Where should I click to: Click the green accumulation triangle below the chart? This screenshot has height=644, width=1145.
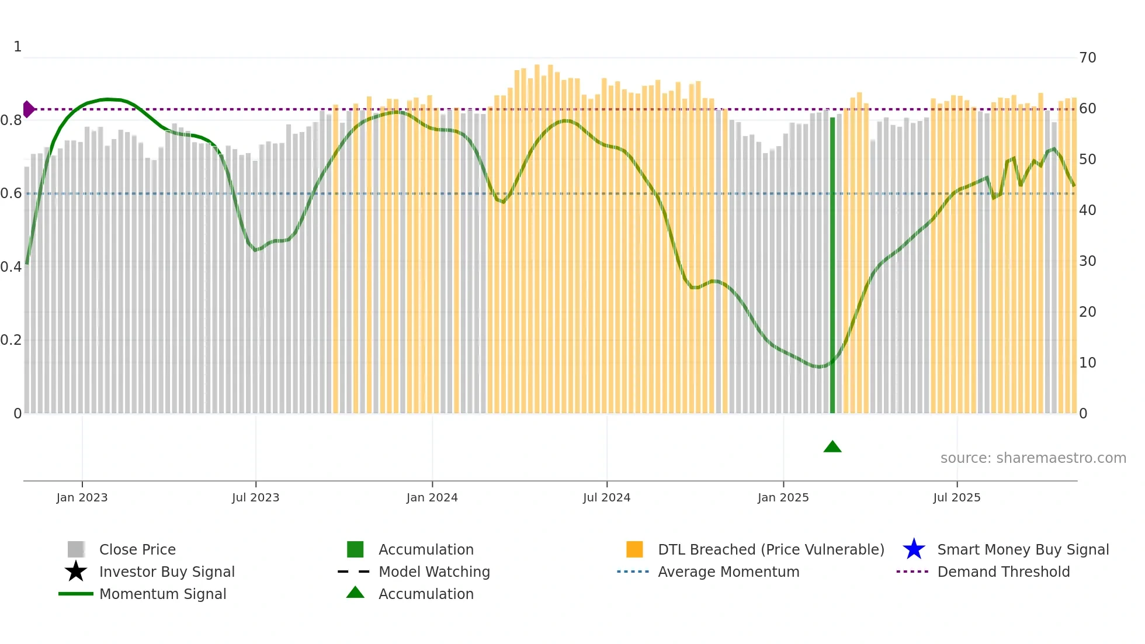(832, 447)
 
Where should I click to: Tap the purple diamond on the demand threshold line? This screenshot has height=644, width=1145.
(28, 109)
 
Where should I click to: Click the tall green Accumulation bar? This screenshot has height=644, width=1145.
(832, 263)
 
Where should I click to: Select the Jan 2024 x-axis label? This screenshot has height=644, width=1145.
(432, 497)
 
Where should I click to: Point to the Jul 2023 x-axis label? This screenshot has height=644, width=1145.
(255, 497)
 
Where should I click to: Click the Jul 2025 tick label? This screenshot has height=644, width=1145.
(956, 497)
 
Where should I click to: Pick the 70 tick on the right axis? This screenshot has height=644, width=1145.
(1087, 58)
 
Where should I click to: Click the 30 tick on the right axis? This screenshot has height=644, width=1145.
(1087, 261)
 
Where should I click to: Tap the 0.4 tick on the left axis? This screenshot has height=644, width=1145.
(11, 267)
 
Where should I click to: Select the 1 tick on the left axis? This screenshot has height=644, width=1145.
(18, 47)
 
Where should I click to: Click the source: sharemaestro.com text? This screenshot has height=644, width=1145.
(1033, 458)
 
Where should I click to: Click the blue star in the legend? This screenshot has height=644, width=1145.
(914, 549)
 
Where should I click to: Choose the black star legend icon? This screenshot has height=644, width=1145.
(76, 572)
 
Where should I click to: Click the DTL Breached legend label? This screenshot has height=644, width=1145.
(771, 549)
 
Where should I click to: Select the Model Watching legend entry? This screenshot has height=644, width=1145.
(433, 572)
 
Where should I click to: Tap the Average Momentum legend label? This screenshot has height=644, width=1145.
(728, 572)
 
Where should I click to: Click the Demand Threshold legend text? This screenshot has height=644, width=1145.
(1003, 572)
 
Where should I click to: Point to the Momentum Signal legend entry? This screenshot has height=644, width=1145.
(162, 594)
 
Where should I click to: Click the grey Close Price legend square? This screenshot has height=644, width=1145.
(76, 549)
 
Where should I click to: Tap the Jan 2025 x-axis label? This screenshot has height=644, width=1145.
(783, 497)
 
